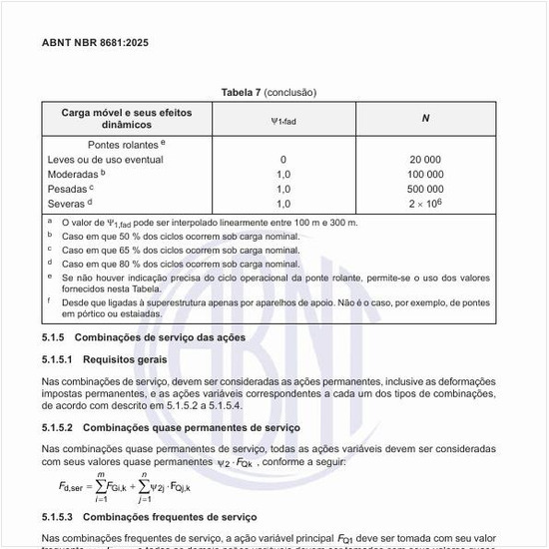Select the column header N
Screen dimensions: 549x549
click(426, 119)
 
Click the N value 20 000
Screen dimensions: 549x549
click(426, 160)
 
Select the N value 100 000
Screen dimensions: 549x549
click(426, 174)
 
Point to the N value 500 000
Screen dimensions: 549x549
click(426, 189)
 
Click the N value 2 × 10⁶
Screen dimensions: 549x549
click(426, 203)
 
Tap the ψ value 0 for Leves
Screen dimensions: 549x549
click(283, 160)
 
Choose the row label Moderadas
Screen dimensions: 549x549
click(75, 174)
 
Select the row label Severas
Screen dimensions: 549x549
click(69, 203)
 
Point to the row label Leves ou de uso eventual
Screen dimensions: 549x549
click(106, 160)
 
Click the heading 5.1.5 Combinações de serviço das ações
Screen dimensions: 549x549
click(144, 338)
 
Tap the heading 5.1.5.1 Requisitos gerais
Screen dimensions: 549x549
click(105, 358)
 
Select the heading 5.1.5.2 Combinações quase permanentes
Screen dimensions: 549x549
click(171, 427)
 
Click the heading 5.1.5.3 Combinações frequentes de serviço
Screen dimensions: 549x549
click(150, 517)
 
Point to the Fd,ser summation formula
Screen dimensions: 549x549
click(125, 486)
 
